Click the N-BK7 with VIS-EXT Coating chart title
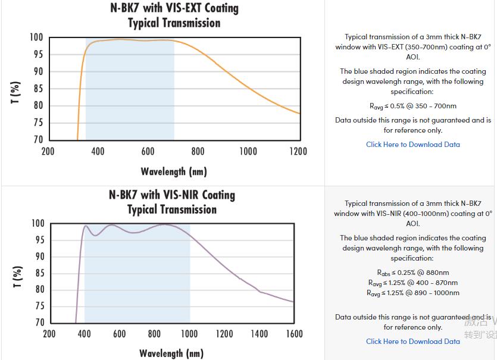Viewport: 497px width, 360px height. click(x=174, y=8)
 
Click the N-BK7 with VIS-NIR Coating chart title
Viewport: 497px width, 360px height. click(x=172, y=195)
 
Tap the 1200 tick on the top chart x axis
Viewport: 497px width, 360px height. click(x=298, y=151)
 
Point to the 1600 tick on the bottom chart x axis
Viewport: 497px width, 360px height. click(x=293, y=334)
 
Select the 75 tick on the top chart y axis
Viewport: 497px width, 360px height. click(x=37, y=123)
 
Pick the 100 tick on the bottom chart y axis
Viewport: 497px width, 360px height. click(x=37, y=224)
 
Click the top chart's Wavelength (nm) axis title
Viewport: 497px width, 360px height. click(x=174, y=172)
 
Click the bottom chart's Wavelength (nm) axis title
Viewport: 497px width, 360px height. click(x=171, y=353)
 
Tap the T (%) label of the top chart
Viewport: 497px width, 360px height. click(x=16, y=92)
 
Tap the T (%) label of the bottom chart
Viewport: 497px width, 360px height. click(x=16, y=276)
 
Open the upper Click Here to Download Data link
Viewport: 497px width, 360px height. click(x=412, y=145)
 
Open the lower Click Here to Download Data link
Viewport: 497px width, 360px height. click(x=412, y=342)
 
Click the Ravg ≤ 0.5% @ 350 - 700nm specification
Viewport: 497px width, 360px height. click(x=412, y=107)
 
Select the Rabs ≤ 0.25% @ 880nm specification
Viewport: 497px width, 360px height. click(x=412, y=273)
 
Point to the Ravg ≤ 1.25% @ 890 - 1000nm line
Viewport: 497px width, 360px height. click(x=412, y=293)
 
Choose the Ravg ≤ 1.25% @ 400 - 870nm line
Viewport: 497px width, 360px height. click(x=412, y=283)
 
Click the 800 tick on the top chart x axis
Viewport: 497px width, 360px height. click(x=198, y=151)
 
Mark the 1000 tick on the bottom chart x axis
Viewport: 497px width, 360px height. click(x=189, y=334)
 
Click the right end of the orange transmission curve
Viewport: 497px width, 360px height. click(x=299, y=113)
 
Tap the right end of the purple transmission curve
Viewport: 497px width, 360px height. click(x=293, y=302)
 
